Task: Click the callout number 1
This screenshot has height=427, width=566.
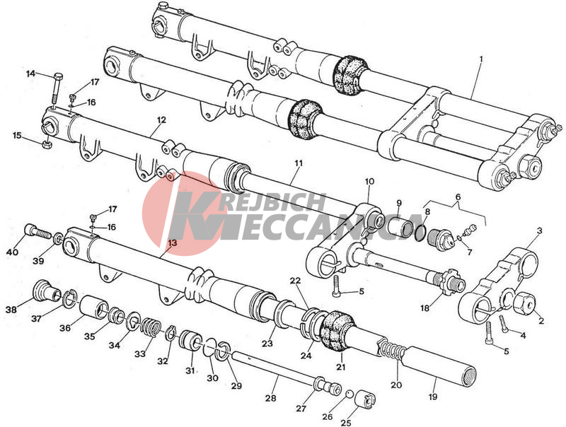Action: click(480, 58)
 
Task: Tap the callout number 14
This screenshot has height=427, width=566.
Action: click(31, 74)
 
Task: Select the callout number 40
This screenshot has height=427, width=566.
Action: click(12, 252)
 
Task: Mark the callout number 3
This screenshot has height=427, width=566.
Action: click(539, 231)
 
